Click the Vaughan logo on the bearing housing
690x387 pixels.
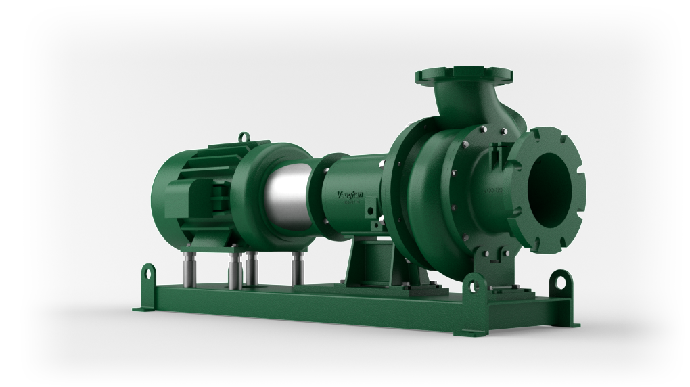pyautogui.click(x=350, y=195)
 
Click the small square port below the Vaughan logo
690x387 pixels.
pyautogui.click(x=371, y=212)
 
